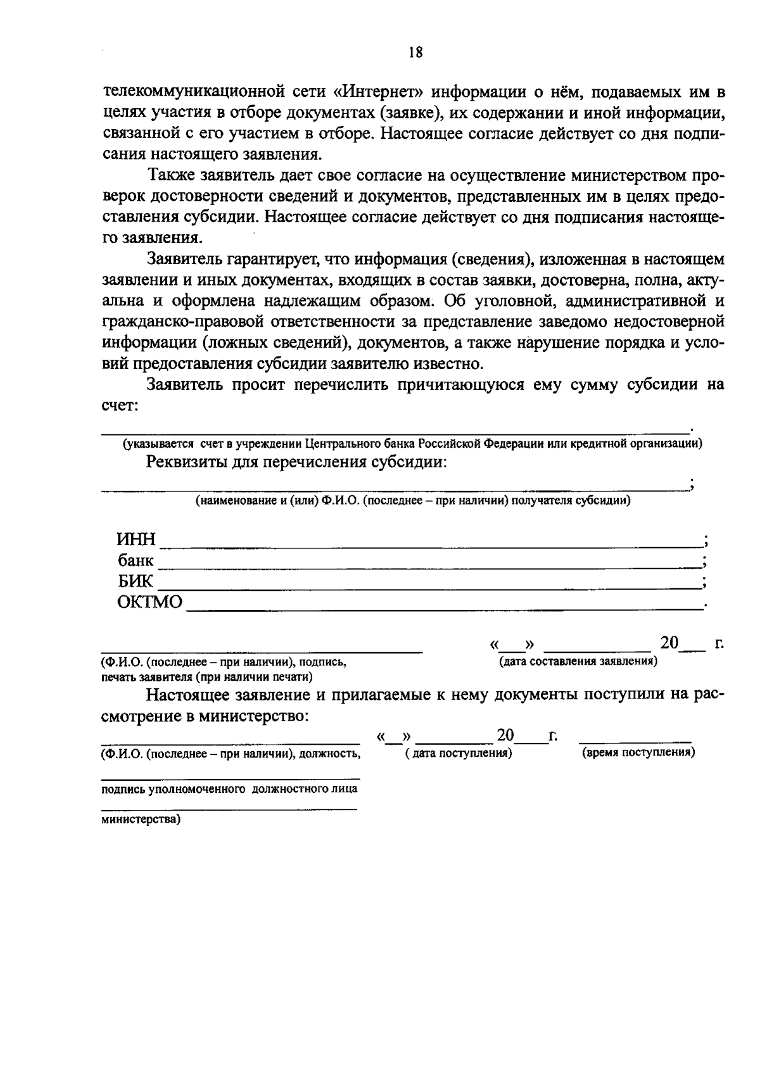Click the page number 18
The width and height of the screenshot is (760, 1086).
coord(415,53)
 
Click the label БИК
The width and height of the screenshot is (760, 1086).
coord(135,581)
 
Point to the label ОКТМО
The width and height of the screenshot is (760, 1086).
coord(149,602)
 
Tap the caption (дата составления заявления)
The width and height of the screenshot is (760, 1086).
coord(578,662)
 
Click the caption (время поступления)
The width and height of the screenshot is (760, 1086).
coord(638,752)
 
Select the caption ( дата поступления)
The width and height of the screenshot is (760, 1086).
coord(458,753)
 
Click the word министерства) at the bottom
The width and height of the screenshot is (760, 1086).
coord(141,819)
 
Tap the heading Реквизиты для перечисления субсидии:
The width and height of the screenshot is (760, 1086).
coord(296,462)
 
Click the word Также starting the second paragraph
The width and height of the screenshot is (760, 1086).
coord(168,175)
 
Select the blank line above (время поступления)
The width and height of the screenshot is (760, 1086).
coord(635,740)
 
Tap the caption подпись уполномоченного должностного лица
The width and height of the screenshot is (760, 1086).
coord(229,789)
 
